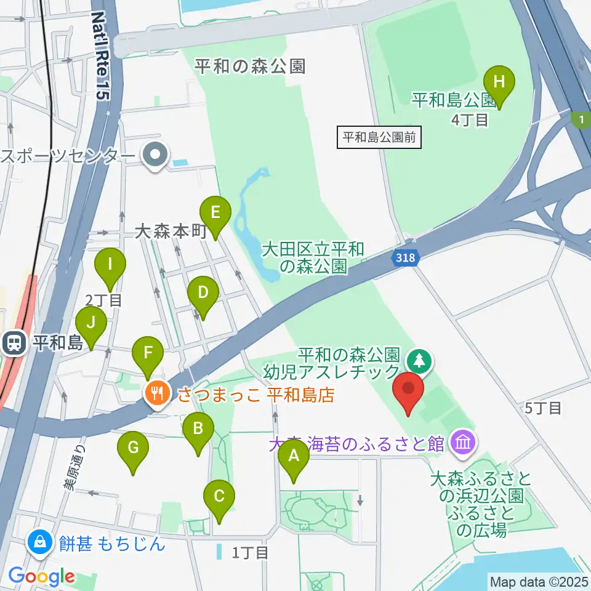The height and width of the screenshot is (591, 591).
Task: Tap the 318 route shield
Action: pyautogui.click(x=406, y=259)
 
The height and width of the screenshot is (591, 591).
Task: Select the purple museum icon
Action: pyautogui.click(x=462, y=441)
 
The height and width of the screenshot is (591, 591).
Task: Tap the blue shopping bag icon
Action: pyautogui.click(x=39, y=542)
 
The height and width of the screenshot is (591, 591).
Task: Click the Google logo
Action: pyautogui.click(x=41, y=577)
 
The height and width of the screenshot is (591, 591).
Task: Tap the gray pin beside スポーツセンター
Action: pyautogui.click(x=155, y=155)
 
